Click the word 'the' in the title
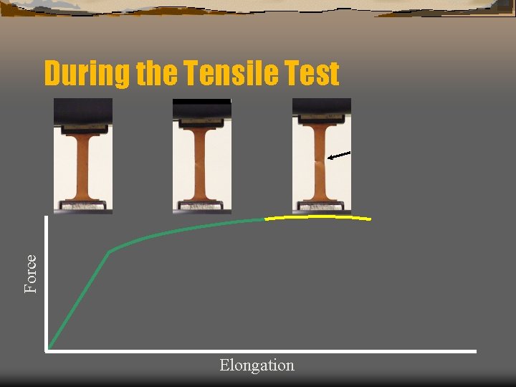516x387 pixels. point(156,74)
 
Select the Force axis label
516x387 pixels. point(31,274)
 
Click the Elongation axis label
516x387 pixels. point(257,365)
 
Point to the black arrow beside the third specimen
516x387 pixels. point(339,155)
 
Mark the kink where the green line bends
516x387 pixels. point(110,251)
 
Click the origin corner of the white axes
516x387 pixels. point(47,350)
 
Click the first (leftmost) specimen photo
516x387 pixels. point(83,156)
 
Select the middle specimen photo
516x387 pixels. point(202,156)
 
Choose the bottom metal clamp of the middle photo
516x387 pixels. point(202,206)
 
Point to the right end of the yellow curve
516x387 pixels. point(370,219)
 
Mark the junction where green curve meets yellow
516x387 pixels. point(265,219)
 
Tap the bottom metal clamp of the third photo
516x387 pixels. point(321,206)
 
